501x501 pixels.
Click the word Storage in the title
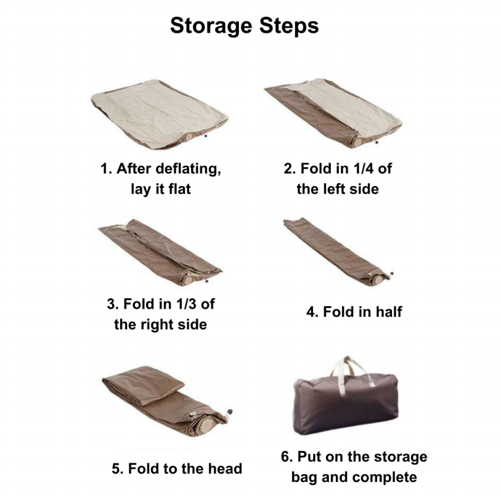211,26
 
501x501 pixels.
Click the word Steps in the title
289,25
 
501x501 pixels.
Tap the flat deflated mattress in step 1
159,114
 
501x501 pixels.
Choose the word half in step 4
389,312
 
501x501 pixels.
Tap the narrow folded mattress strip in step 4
338,251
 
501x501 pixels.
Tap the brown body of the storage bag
346,405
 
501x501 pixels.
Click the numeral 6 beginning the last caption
284,457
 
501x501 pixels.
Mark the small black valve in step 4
392,273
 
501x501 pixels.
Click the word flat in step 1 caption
179,189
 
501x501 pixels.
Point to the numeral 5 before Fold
115,469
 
